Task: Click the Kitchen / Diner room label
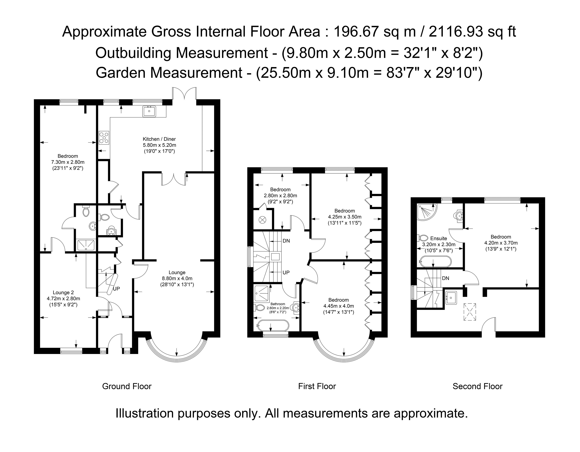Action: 159,139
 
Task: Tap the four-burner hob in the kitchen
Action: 104,138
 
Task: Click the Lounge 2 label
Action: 63,293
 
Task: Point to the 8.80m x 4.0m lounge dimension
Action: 177,278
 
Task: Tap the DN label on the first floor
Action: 286,241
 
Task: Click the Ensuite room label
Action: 439,238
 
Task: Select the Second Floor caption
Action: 477,386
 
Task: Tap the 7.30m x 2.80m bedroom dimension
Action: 68,162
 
